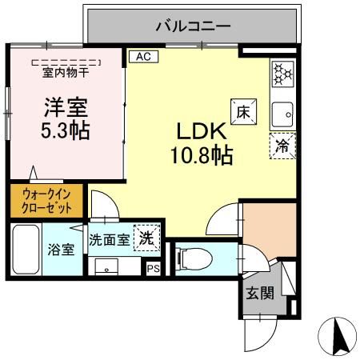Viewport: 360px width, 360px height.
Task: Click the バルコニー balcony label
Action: pyautogui.click(x=194, y=26)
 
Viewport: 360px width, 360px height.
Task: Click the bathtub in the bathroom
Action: pyautogui.click(x=26, y=248)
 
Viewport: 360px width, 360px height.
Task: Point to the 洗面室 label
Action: pyautogui.click(x=108, y=239)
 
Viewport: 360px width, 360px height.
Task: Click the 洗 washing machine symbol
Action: pyautogui.click(x=147, y=238)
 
